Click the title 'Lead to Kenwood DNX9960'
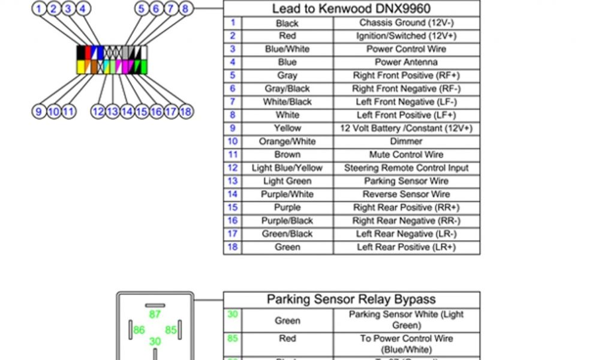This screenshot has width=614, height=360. point(351,8)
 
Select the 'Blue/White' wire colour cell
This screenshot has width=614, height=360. point(287,49)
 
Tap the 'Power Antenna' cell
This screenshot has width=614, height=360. point(406,62)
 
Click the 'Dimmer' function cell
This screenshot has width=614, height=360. point(406,142)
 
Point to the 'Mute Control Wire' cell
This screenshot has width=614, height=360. point(406,155)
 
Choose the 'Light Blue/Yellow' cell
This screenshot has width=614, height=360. point(287,168)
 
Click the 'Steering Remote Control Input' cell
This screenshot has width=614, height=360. point(406,168)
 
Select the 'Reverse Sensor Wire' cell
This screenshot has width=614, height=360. point(406,194)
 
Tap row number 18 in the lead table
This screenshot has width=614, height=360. point(232,247)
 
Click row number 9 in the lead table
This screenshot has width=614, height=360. point(232,128)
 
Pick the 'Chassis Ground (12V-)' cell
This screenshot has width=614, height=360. point(406,23)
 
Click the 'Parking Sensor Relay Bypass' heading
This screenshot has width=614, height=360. point(351,299)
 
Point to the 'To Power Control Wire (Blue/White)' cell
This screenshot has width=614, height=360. point(406,344)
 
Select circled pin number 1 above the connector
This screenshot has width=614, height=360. point(39,8)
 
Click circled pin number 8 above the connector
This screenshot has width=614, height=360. point(185,8)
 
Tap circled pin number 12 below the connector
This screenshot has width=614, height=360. point(98,111)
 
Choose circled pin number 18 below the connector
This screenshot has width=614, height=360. point(185,111)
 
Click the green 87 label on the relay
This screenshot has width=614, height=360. point(155,314)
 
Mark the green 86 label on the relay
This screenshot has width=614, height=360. point(139,329)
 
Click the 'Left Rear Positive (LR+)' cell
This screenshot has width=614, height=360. point(406,247)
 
